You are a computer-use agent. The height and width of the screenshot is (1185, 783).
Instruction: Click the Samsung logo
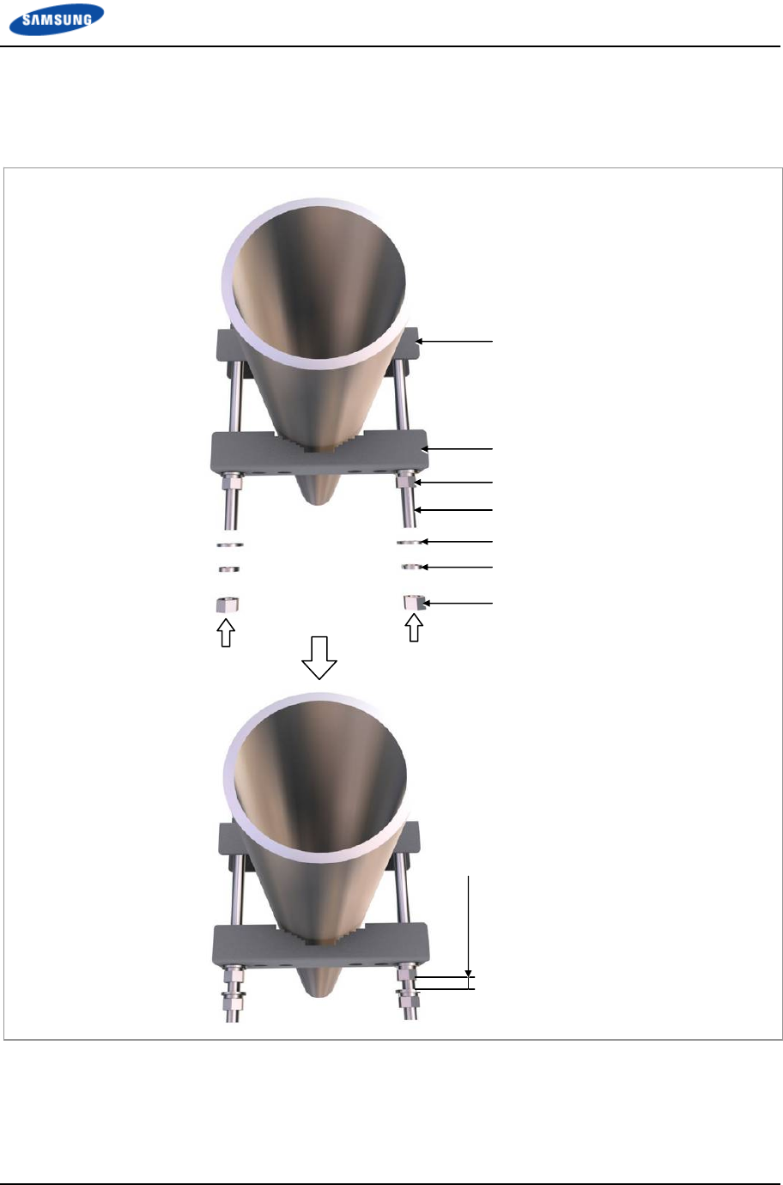57,20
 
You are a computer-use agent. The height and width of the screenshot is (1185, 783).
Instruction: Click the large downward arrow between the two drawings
319,658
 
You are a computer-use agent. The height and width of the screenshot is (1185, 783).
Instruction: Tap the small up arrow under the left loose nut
226,633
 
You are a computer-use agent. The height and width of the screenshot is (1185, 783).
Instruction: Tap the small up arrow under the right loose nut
414,628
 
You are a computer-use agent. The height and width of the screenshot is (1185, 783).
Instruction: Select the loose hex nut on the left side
228,605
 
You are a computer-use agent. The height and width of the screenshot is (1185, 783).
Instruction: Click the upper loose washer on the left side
230,544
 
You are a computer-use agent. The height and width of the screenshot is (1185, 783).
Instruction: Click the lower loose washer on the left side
229,569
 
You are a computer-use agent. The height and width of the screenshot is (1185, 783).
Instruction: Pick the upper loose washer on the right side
410,542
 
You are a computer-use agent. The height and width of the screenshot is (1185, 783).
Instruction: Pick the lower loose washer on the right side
411,567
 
